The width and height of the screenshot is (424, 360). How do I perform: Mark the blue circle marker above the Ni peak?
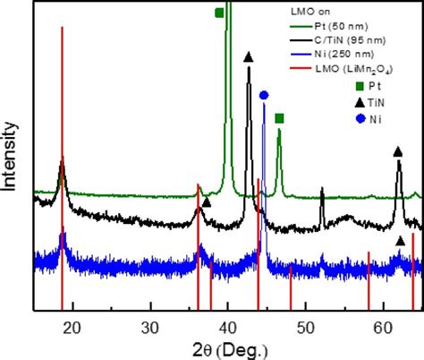point(264,95)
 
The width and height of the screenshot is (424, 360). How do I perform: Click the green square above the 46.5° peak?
point(279,118)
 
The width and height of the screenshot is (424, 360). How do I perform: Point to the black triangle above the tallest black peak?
point(248,57)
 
